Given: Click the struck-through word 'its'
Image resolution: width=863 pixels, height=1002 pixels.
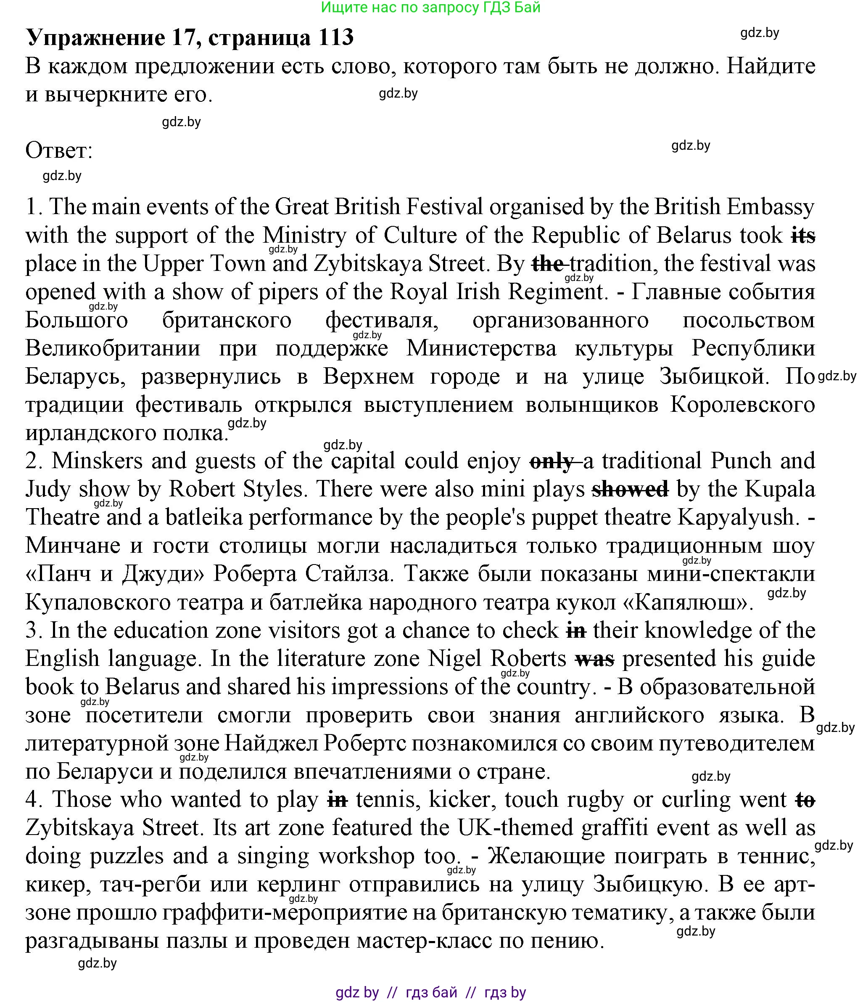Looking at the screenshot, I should click(803, 236).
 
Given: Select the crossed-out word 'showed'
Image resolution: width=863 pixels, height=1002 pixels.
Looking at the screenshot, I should click(631, 489).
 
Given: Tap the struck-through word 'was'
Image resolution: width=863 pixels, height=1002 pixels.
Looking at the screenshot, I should click(594, 659).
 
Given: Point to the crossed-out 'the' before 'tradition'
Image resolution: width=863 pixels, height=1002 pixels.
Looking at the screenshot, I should click(548, 264).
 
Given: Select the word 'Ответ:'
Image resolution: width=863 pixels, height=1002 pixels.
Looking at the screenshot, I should click(59, 151).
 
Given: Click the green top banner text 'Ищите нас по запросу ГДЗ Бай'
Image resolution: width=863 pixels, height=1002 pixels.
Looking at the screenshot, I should click(430, 7).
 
